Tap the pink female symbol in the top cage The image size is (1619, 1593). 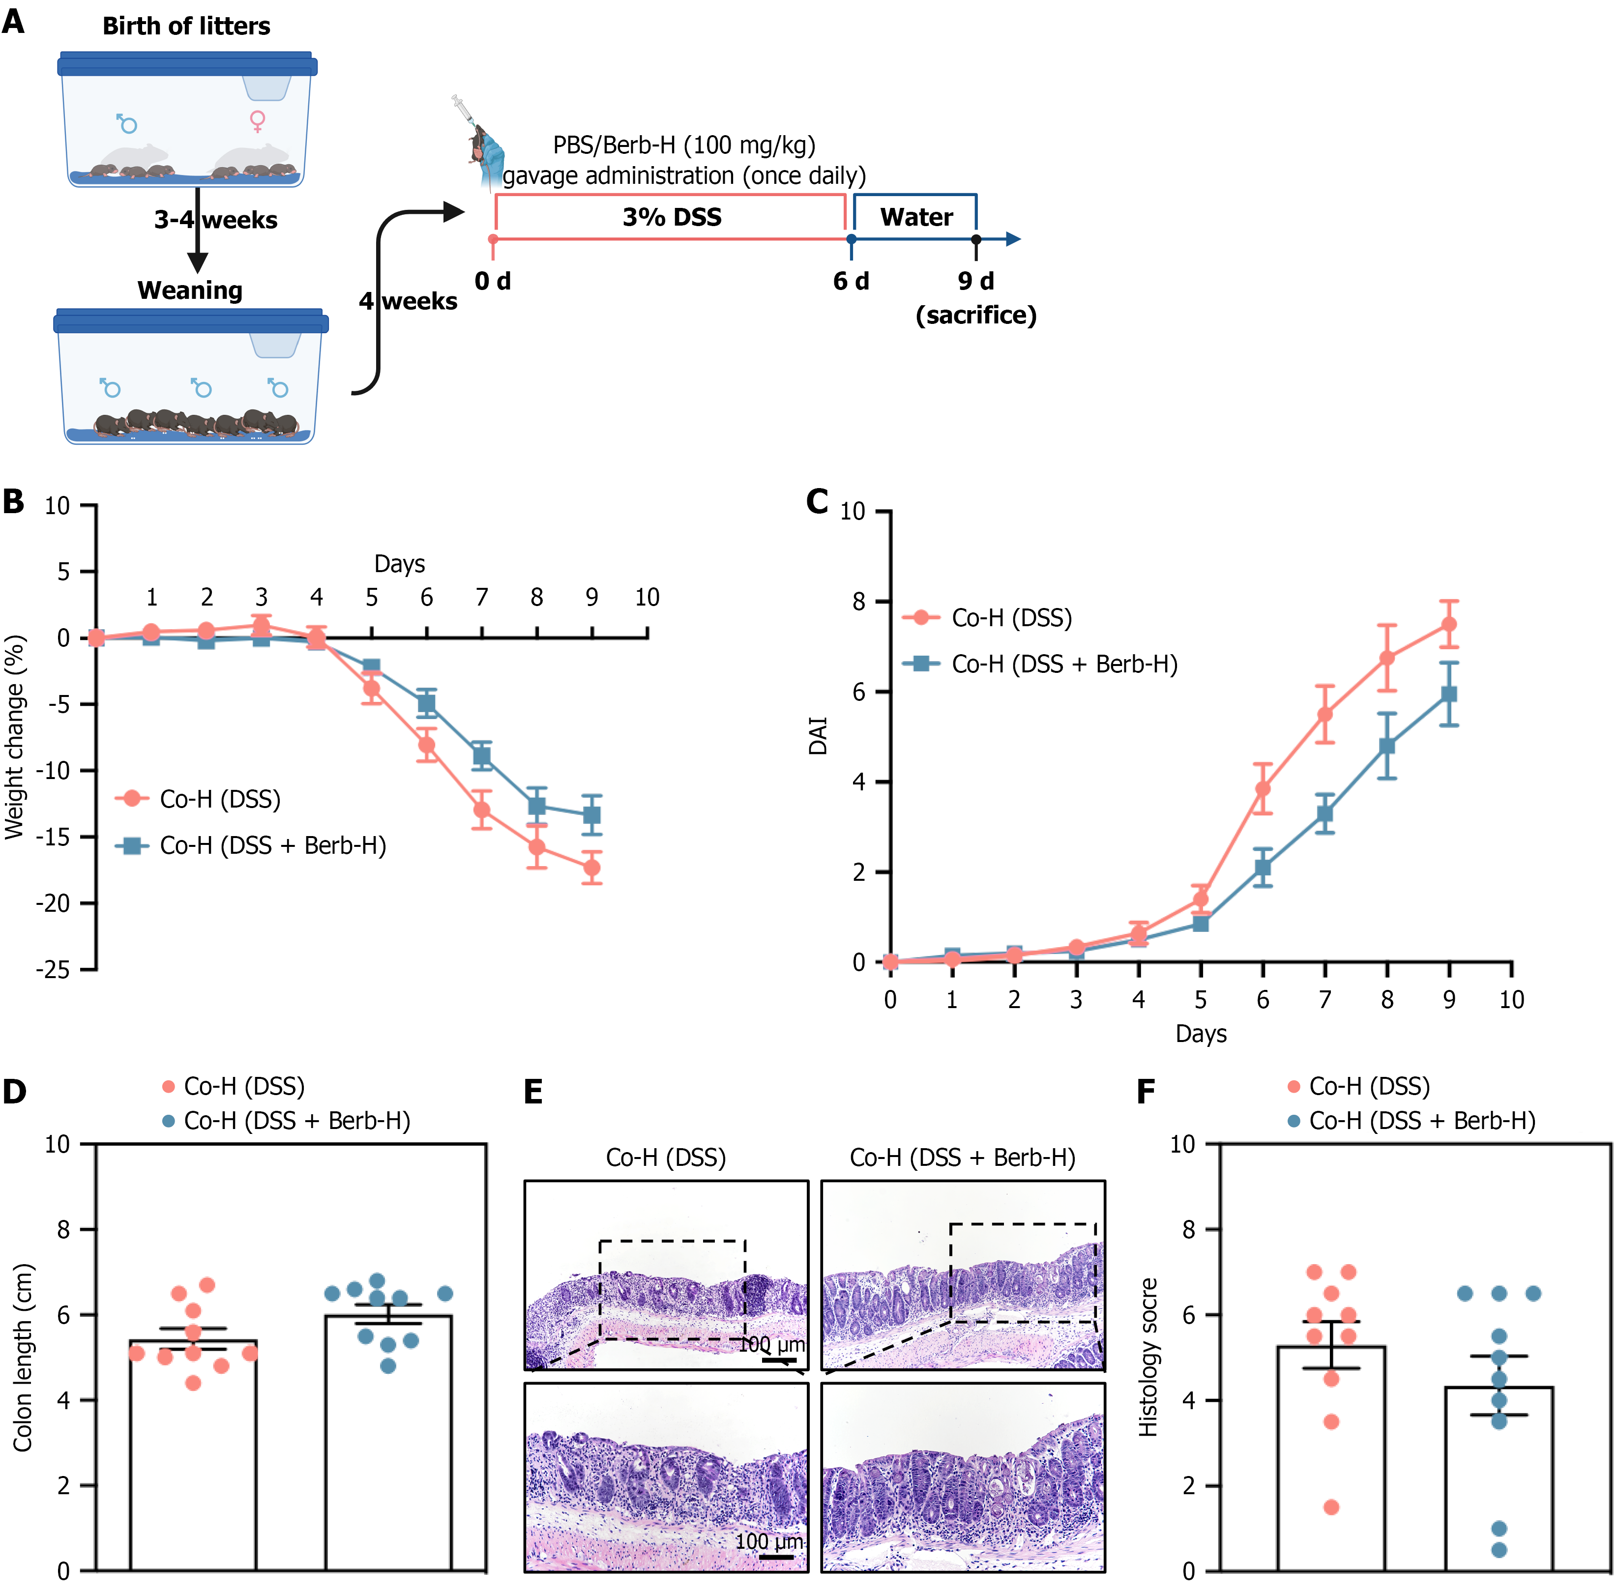coord(258,121)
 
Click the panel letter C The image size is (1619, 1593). coord(817,502)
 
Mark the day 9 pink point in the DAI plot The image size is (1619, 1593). coord(1449,624)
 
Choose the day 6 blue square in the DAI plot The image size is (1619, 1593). coord(1263,868)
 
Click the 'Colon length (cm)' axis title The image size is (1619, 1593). coord(23,1357)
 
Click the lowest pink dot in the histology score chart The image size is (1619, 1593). coord(1331,1507)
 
